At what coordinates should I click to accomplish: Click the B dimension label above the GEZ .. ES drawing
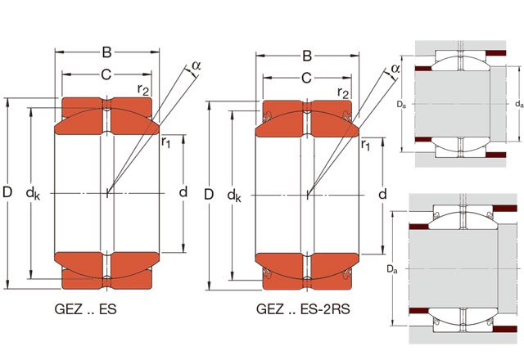click(107, 53)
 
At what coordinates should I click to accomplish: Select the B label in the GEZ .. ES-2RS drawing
click(307, 56)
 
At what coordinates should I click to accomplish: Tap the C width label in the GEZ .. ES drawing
click(106, 75)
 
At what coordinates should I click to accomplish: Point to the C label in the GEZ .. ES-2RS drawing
click(306, 79)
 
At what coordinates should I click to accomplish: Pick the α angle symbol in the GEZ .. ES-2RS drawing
click(395, 69)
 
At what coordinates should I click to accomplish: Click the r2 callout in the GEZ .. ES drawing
click(143, 90)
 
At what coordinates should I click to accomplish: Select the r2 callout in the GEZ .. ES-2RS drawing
click(343, 93)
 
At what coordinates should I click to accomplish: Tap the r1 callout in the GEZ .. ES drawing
click(165, 143)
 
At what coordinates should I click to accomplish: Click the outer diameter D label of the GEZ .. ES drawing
click(7, 193)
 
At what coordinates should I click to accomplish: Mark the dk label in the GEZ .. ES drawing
click(33, 194)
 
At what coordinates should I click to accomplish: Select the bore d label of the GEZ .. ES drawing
click(183, 193)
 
